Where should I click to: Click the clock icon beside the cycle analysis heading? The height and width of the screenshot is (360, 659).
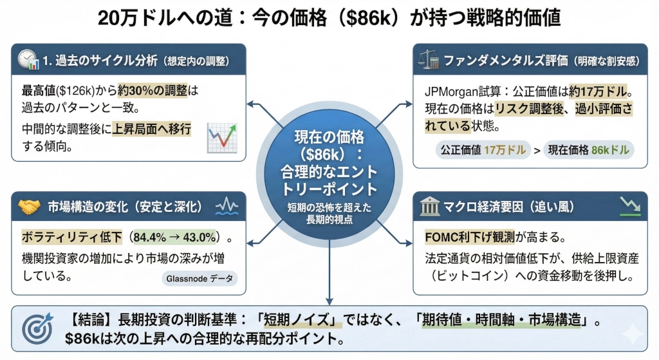[28, 59]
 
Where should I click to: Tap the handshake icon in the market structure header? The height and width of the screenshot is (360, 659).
[29, 207]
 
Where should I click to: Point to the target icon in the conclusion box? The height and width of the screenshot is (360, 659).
[37, 329]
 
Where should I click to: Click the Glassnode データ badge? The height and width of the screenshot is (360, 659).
[199, 278]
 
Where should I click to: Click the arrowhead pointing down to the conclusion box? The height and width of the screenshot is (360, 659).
[329, 299]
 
